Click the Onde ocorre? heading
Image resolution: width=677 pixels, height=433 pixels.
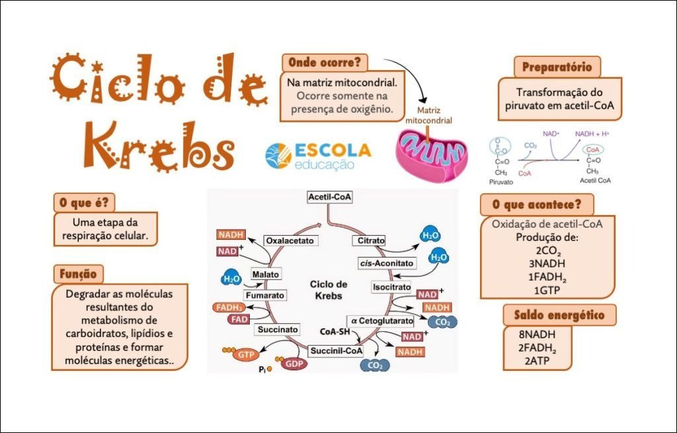pyautogui.click(x=325, y=63)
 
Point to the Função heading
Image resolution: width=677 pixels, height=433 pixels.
pyautogui.click(x=78, y=273)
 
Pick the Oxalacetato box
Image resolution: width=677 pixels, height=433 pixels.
pyautogui.click(x=290, y=240)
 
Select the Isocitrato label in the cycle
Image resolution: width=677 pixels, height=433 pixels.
pyautogui.click(x=391, y=288)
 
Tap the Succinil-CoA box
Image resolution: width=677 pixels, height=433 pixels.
pyautogui.click(x=336, y=351)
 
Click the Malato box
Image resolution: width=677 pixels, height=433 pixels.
pyautogui.click(x=266, y=274)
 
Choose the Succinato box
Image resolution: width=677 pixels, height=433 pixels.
pyautogui.click(x=278, y=329)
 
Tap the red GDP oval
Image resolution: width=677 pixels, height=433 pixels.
pyautogui.click(x=292, y=363)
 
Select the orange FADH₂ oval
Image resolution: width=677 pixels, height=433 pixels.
pyautogui.click(x=228, y=308)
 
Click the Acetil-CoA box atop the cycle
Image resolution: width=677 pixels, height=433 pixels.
pyautogui.click(x=329, y=197)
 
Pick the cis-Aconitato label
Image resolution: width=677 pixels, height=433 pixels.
pyautogui.click(x=387, y=263)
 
